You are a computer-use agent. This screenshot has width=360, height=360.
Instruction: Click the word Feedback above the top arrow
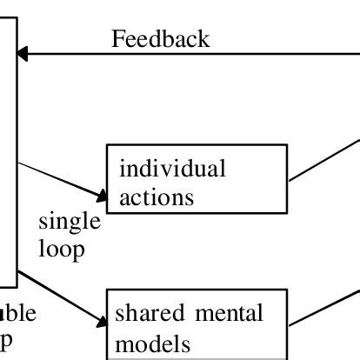(161, 39)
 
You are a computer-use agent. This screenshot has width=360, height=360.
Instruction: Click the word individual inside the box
(171, 168)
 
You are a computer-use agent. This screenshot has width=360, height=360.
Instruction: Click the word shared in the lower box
(145, 311)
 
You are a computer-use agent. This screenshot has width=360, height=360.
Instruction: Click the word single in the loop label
(70, 222)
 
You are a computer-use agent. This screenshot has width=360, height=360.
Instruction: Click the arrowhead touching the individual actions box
(97, 191)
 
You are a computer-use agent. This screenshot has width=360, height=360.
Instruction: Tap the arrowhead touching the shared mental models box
(97, 319)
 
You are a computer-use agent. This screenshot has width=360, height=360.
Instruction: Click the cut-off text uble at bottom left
(17, 313)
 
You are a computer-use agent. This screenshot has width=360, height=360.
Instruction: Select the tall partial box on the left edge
(8, 148)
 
